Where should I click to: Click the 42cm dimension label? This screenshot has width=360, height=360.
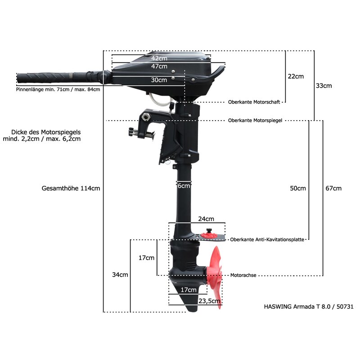[x=159, y=58]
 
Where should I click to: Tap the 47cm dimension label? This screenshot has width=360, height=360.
[x=159, y=66]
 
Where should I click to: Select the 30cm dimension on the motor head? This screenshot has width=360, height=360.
[x=159, y=80]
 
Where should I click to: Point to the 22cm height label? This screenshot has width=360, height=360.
[x=296, y=76]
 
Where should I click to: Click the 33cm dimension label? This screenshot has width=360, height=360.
[x=324, y=85]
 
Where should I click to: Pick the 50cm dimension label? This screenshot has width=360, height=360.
[x=298, y=188]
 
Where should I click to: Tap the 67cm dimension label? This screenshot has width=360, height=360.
[x=333, y=188]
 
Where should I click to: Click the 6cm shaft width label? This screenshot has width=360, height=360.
[x=184, y=186]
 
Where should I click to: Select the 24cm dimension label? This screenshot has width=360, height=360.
[x=206, y=219]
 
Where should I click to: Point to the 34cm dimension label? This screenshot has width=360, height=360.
[x=120, y=274]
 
